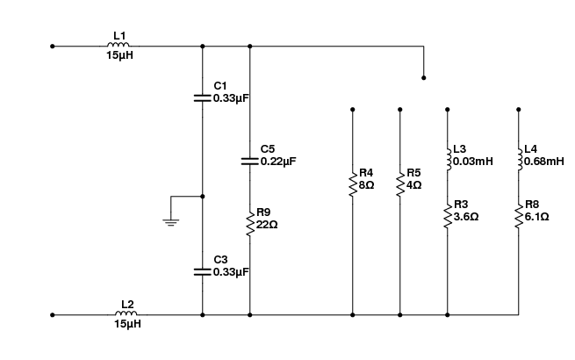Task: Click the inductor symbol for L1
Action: (119, 45)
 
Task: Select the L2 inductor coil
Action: (126, 313)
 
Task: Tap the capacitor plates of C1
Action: (203, 98)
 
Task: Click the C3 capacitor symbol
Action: (203, 272)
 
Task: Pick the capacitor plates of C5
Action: (249, 161)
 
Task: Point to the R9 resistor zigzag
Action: (250, 224)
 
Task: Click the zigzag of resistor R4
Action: (352, 184)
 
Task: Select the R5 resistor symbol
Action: (399, 184)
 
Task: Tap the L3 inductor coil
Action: (449, 159)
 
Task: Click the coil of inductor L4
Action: (520, 159)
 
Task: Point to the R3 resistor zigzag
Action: (448, 216)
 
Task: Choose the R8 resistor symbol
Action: (519, 216)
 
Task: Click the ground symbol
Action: (171, 222)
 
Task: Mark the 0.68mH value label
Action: (544, 161)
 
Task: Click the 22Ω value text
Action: (267, 224)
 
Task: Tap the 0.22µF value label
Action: (278, 161)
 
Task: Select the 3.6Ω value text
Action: (466, 217)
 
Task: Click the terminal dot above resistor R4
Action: (352, 110)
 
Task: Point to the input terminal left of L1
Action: (53, 47)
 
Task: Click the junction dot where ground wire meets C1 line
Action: (203, 197)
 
